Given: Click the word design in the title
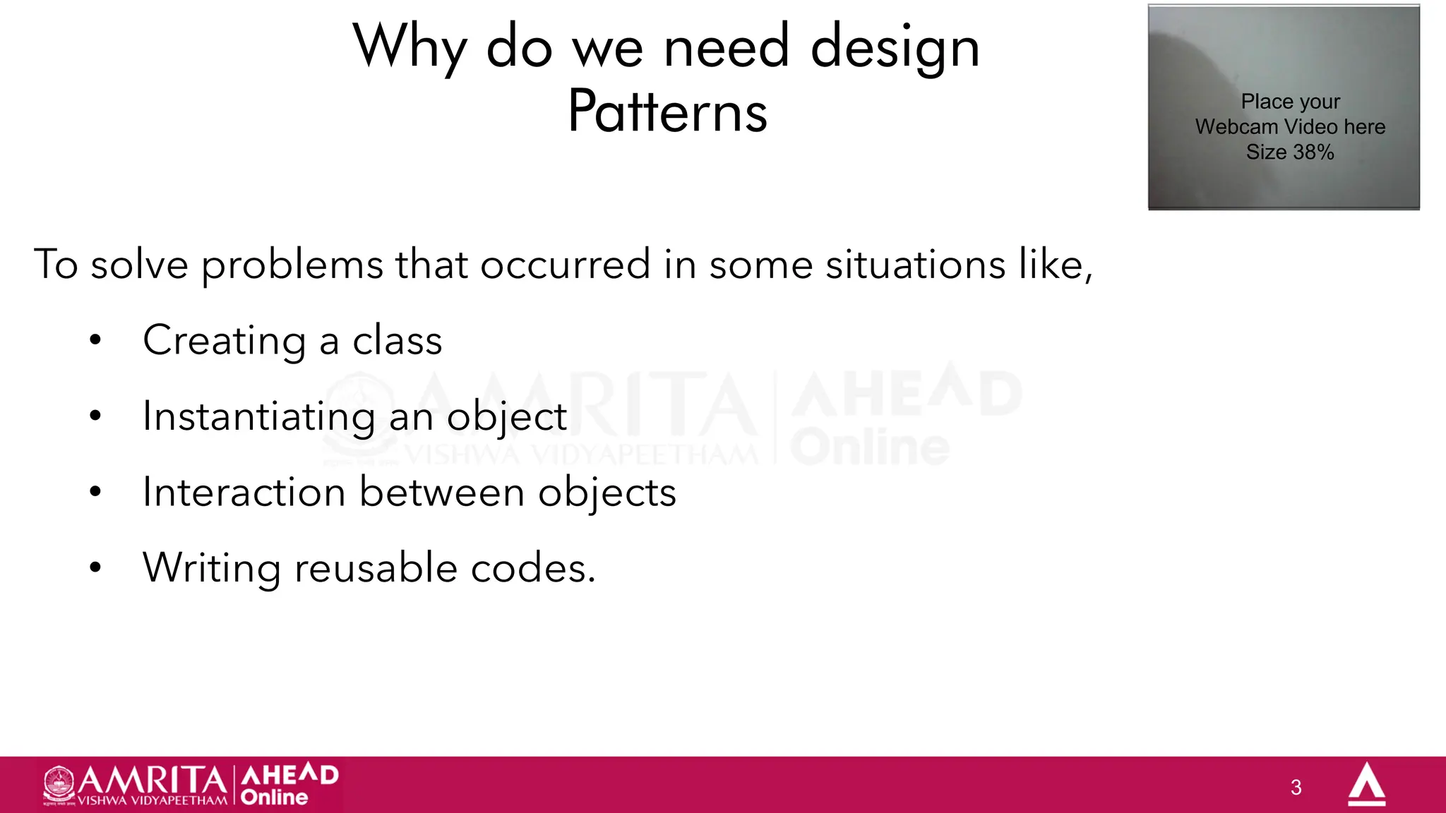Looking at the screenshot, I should (895, 48).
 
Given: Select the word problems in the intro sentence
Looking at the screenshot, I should (292, 266).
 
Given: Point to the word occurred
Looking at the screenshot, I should (565, 265).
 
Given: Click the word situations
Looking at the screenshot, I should (915, 265).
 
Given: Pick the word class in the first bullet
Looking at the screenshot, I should (397, 341).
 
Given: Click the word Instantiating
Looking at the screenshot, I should (258, 417).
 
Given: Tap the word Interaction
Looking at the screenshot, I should (244, 492).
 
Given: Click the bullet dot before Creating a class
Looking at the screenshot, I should (95, 341).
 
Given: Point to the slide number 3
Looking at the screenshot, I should (1296, 788).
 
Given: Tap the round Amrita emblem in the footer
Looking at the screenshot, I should (59, 784).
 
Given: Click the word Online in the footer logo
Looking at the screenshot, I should (274, 797).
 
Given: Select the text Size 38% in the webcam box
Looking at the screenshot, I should (1290, 152).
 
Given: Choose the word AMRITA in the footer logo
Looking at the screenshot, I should (152, 780).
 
